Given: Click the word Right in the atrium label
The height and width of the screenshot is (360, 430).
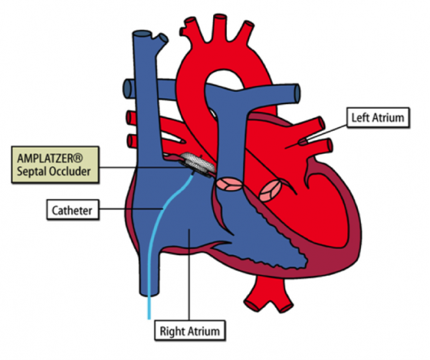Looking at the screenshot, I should [x=173, y=331].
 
